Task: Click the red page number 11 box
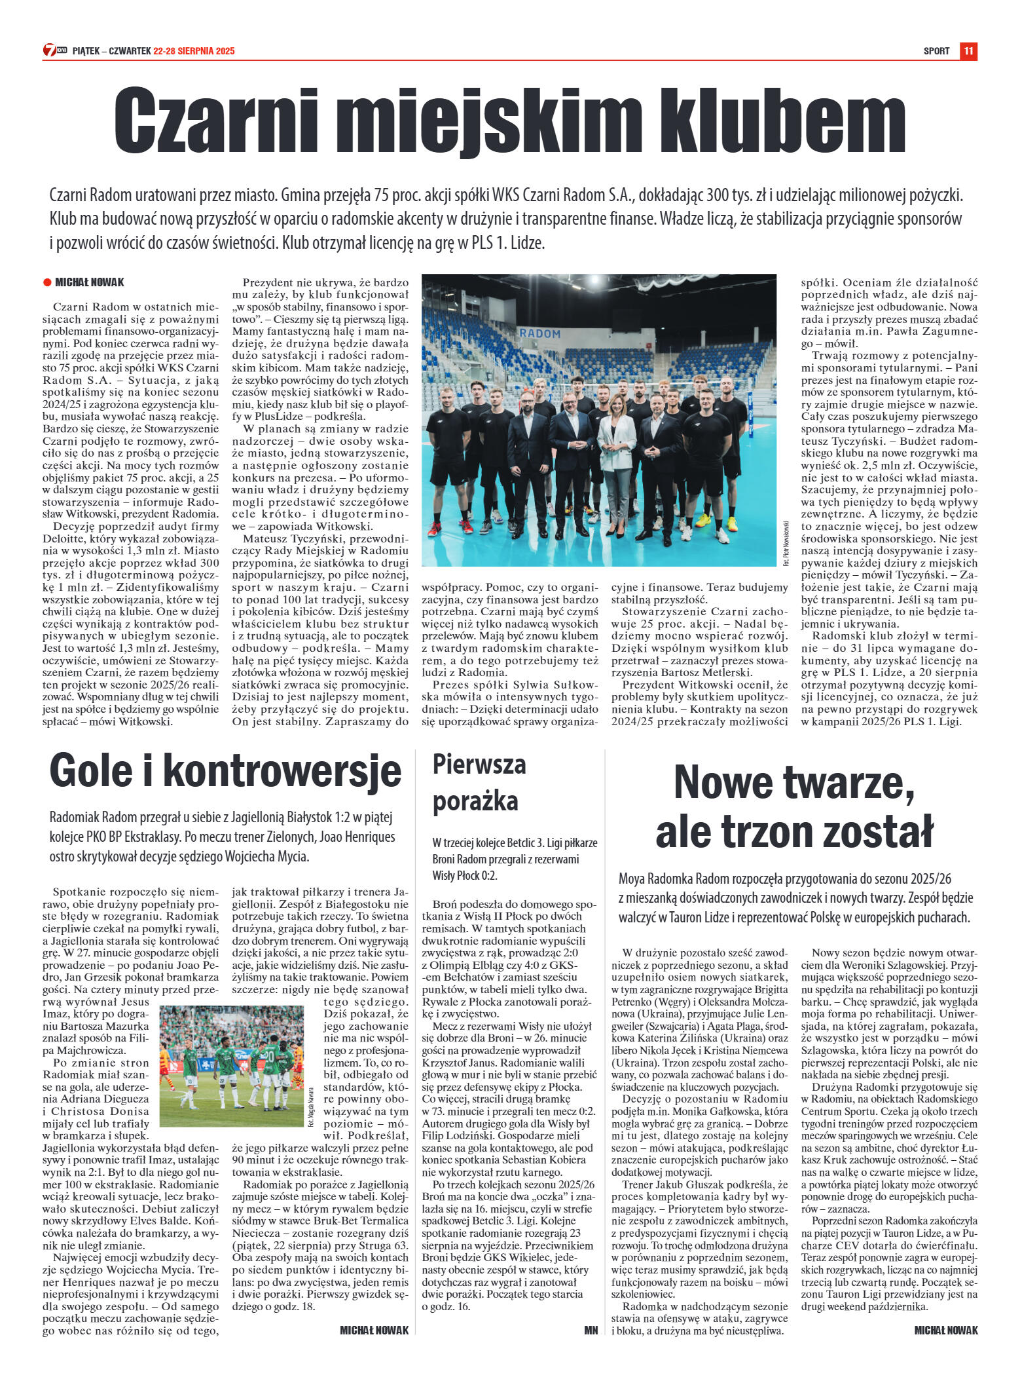(x=968, y=50)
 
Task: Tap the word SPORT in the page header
(x=936, y=51)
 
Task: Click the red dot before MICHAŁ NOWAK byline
(x=47, y=282)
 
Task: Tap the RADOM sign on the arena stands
(x=539, y=333)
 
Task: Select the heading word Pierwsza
(x=479, y=764)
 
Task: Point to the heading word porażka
(x=475, y=801)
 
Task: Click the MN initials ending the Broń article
(x=591, y=1330)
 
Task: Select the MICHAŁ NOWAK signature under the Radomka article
(x=945, y=1330)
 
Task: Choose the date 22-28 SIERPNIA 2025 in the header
(x=194, y=51)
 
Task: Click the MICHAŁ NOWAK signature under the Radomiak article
(x=374, y=1330)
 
